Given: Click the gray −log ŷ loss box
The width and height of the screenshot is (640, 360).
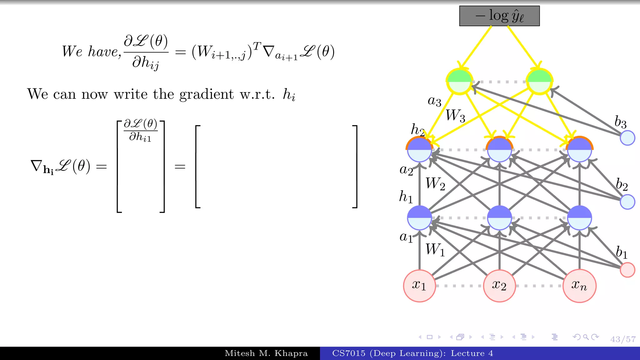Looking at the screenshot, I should point(499,16).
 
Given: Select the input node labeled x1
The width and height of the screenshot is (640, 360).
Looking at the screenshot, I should point(419,286).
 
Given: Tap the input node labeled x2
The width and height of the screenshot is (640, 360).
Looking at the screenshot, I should point(499,286).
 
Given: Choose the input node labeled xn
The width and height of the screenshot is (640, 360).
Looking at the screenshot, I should point(579,286).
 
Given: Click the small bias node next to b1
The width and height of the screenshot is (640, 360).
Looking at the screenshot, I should point(627,270).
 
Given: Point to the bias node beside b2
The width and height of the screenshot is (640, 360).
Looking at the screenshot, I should point(627,202).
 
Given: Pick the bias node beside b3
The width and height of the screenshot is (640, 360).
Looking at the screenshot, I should point(627,138).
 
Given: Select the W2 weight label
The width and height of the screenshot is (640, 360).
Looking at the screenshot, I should point(435,184).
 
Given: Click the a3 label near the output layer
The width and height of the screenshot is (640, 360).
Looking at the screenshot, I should point(434,101).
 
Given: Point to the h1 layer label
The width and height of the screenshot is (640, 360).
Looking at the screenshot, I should point(406,197).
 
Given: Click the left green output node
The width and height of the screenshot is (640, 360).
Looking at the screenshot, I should point(459,82).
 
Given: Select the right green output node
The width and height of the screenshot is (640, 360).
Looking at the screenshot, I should point(539,82).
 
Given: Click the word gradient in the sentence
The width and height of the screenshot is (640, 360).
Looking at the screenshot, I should point(206,94).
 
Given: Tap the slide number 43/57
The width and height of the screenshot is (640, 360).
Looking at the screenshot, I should point(623,339).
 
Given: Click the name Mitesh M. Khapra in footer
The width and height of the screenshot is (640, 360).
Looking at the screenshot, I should point(266,353).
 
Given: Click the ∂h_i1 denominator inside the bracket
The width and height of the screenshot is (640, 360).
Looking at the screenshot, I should point(140,137).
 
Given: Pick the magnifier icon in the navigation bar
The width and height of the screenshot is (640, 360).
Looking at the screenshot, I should point(586,337).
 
